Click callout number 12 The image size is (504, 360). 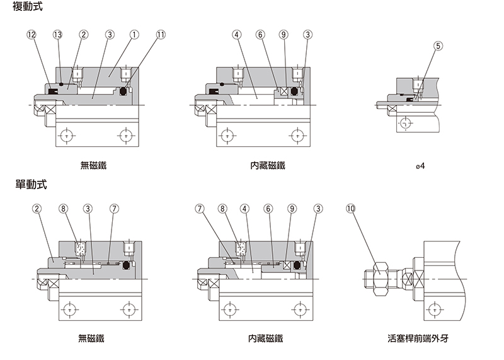coord(31,34)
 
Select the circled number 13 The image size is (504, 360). coord(58,34)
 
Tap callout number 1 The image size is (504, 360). coord(134,34)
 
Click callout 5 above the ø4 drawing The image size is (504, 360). coord(438,46)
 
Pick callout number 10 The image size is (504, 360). coord(351,208)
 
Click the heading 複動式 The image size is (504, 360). coord(29,8)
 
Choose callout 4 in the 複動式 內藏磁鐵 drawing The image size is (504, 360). coord(236,34)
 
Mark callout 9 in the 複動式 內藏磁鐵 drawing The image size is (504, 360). coord(283,34)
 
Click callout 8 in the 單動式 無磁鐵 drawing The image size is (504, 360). coord(62,208)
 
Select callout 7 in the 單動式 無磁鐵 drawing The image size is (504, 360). coord(113,208)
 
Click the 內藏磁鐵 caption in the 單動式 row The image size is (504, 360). coord(266,339)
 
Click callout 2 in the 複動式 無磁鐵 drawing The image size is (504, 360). coord(83,34)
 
